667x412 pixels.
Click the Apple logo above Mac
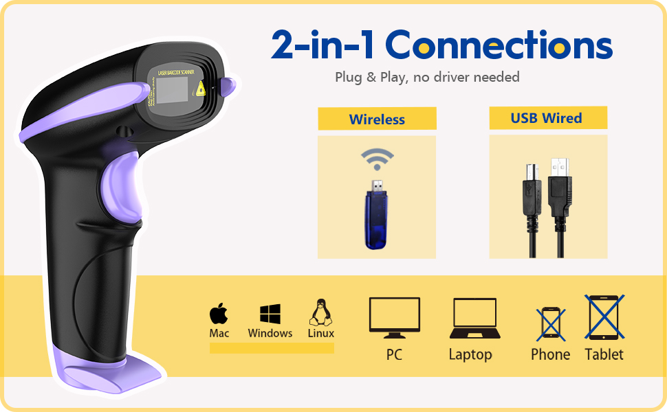pos(219,314)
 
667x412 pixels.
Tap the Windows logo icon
pos(270,314)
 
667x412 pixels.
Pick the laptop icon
pos(474,318)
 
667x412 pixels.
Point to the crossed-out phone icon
pos(551,323)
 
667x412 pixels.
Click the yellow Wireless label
pos(377,119)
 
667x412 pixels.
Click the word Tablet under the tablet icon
pos(604,354)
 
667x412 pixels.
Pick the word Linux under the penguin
pos(320,333)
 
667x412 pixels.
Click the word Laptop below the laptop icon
pos(470,354)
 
